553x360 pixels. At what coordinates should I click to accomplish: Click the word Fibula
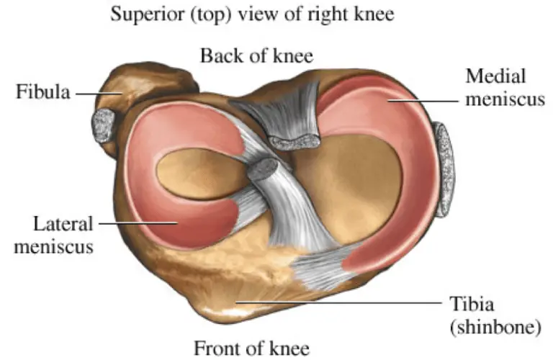point(43,92)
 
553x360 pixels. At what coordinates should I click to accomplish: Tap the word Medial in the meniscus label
point(495,76)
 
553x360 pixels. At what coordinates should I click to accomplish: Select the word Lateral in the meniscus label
point(63,224)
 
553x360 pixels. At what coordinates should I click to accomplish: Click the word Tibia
point(472,304)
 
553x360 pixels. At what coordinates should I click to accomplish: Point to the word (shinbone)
point(495,327)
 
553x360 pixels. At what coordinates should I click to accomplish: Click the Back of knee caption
point(257,55)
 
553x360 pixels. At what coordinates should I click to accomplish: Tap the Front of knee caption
point(252,348)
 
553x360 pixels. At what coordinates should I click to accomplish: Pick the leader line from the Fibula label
point(99,94)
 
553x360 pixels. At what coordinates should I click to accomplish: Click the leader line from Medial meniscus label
point(423,101)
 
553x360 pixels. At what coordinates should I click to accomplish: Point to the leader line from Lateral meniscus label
point(138,223)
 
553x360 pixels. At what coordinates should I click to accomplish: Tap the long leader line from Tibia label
point(338,302)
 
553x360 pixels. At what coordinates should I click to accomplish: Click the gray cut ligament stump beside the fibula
point(104,125)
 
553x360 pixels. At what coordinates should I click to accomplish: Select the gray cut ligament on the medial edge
point(444,169)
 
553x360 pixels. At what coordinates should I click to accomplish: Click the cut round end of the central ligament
point(263,168)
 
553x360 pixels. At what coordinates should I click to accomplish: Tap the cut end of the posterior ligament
point(295,142)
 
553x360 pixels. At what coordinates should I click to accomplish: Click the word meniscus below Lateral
point(54,246)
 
